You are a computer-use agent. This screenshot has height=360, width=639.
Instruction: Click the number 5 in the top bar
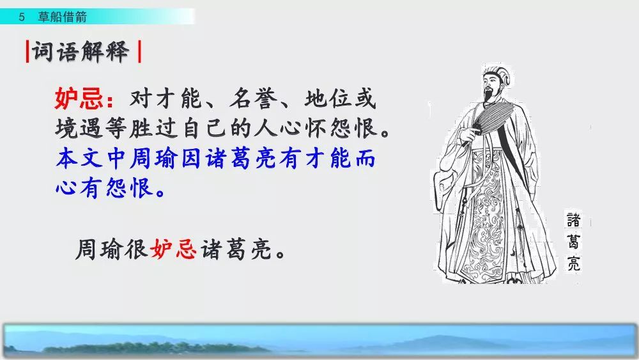22,17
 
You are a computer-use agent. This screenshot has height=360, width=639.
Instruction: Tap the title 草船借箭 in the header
63,17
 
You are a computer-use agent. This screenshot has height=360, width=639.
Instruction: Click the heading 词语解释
81,52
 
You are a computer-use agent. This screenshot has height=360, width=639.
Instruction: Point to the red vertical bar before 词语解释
27,51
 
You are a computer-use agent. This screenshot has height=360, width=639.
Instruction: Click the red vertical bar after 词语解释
139,51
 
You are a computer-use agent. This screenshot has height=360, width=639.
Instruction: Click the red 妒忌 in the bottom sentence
173,249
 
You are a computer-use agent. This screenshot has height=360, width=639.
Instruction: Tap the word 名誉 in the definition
254,98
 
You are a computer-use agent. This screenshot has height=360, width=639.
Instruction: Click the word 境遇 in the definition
79,128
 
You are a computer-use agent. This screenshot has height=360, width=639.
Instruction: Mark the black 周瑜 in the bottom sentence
100,249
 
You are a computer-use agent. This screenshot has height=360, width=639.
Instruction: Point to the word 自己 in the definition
204,128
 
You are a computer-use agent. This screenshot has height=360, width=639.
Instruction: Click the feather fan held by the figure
492,116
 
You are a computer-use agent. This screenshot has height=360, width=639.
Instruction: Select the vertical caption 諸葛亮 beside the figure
573,241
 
